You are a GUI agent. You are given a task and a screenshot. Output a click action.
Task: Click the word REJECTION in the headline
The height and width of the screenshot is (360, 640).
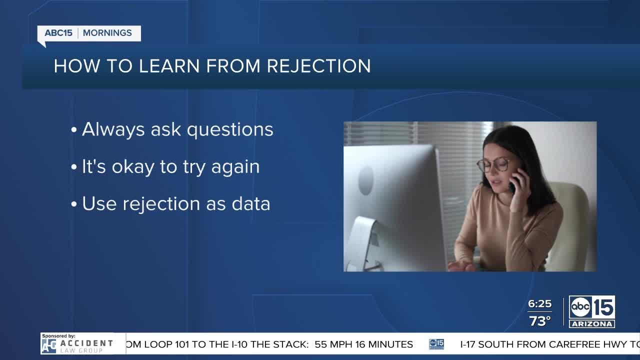[x=319, y=66]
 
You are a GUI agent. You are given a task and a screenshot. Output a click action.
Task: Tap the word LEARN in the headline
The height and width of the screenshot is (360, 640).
[x=169, y=66]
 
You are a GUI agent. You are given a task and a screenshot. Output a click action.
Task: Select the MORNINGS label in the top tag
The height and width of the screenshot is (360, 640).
[x=107, y=33]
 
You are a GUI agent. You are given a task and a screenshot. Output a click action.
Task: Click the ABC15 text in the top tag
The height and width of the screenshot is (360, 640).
[x=58, y=33]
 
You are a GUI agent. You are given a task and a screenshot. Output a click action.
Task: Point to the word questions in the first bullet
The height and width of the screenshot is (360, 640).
[x=230, y=130]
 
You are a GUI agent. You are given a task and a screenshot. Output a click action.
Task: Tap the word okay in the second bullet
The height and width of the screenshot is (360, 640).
[x=133, y=167]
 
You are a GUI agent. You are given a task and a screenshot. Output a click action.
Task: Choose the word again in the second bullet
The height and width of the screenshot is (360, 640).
[x=235, y=167]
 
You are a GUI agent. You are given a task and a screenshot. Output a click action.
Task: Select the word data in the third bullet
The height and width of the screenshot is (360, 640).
[x=251, y=204]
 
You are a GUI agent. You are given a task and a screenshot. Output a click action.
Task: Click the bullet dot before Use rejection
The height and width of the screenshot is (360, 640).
[x=74, y=204]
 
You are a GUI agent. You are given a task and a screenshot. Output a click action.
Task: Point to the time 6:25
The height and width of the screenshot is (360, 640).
[x=539, y=303]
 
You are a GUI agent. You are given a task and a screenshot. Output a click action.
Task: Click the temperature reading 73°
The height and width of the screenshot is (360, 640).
[x=539, y=321]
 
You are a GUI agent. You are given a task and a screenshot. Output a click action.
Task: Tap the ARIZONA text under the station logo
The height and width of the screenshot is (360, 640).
[x=591, y=324]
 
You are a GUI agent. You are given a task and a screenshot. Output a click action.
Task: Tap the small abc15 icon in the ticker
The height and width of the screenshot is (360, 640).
[x=436, y=344]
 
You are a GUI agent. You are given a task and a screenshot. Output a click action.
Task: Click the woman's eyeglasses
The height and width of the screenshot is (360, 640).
[x=493, y=165]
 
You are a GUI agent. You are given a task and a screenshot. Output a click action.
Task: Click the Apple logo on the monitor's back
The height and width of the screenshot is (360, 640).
[x=366, y=181]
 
